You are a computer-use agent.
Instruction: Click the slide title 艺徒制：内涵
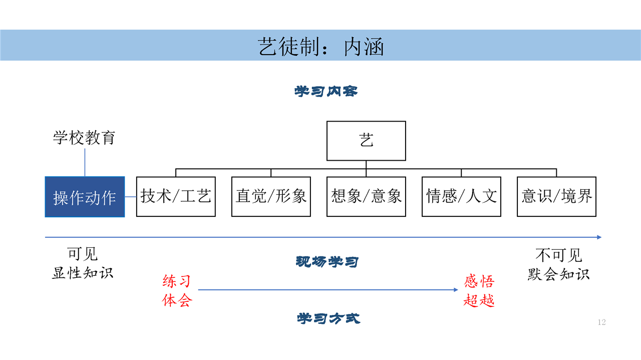point(320,47)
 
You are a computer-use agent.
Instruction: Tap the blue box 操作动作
point(85,197)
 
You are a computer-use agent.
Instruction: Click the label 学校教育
point(84,138)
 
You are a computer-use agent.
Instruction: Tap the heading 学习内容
point(326,91)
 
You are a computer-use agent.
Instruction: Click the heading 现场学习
point(327,261)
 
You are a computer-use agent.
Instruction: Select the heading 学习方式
point(328,318)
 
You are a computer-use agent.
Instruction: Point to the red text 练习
point(177,281)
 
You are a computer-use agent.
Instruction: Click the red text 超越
point(479,300)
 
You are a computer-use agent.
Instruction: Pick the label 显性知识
point(83,273)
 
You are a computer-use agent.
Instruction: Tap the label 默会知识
point(558,274)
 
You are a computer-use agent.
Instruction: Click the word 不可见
point(558,255)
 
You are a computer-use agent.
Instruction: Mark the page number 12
point(601,322)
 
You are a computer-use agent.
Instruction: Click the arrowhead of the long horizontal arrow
point(599,237)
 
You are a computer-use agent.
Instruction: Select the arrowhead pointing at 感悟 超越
point(456,290)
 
